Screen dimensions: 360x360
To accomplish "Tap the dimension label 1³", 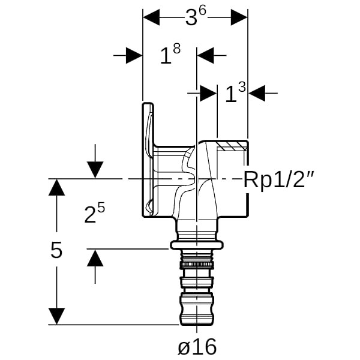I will coord(235,93).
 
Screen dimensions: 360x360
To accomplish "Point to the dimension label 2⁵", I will coord(94,213).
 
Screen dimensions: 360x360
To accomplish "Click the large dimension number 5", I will coord(56,250).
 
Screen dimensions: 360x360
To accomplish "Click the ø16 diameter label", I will coord(197,346).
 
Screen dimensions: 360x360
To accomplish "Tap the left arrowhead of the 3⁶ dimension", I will coord(151,17).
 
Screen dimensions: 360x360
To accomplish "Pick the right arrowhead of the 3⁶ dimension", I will coord(239,17).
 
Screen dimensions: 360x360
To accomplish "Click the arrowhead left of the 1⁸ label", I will coord(134,56).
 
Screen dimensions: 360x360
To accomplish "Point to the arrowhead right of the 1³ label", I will coord(256,93).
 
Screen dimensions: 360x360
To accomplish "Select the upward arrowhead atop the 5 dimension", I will coord(56,187).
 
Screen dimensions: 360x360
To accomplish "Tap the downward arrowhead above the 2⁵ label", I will coord(95,170).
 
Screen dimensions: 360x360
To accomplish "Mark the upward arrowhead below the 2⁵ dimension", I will coord(95,257).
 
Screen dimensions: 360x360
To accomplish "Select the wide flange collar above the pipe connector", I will coord(197,244).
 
